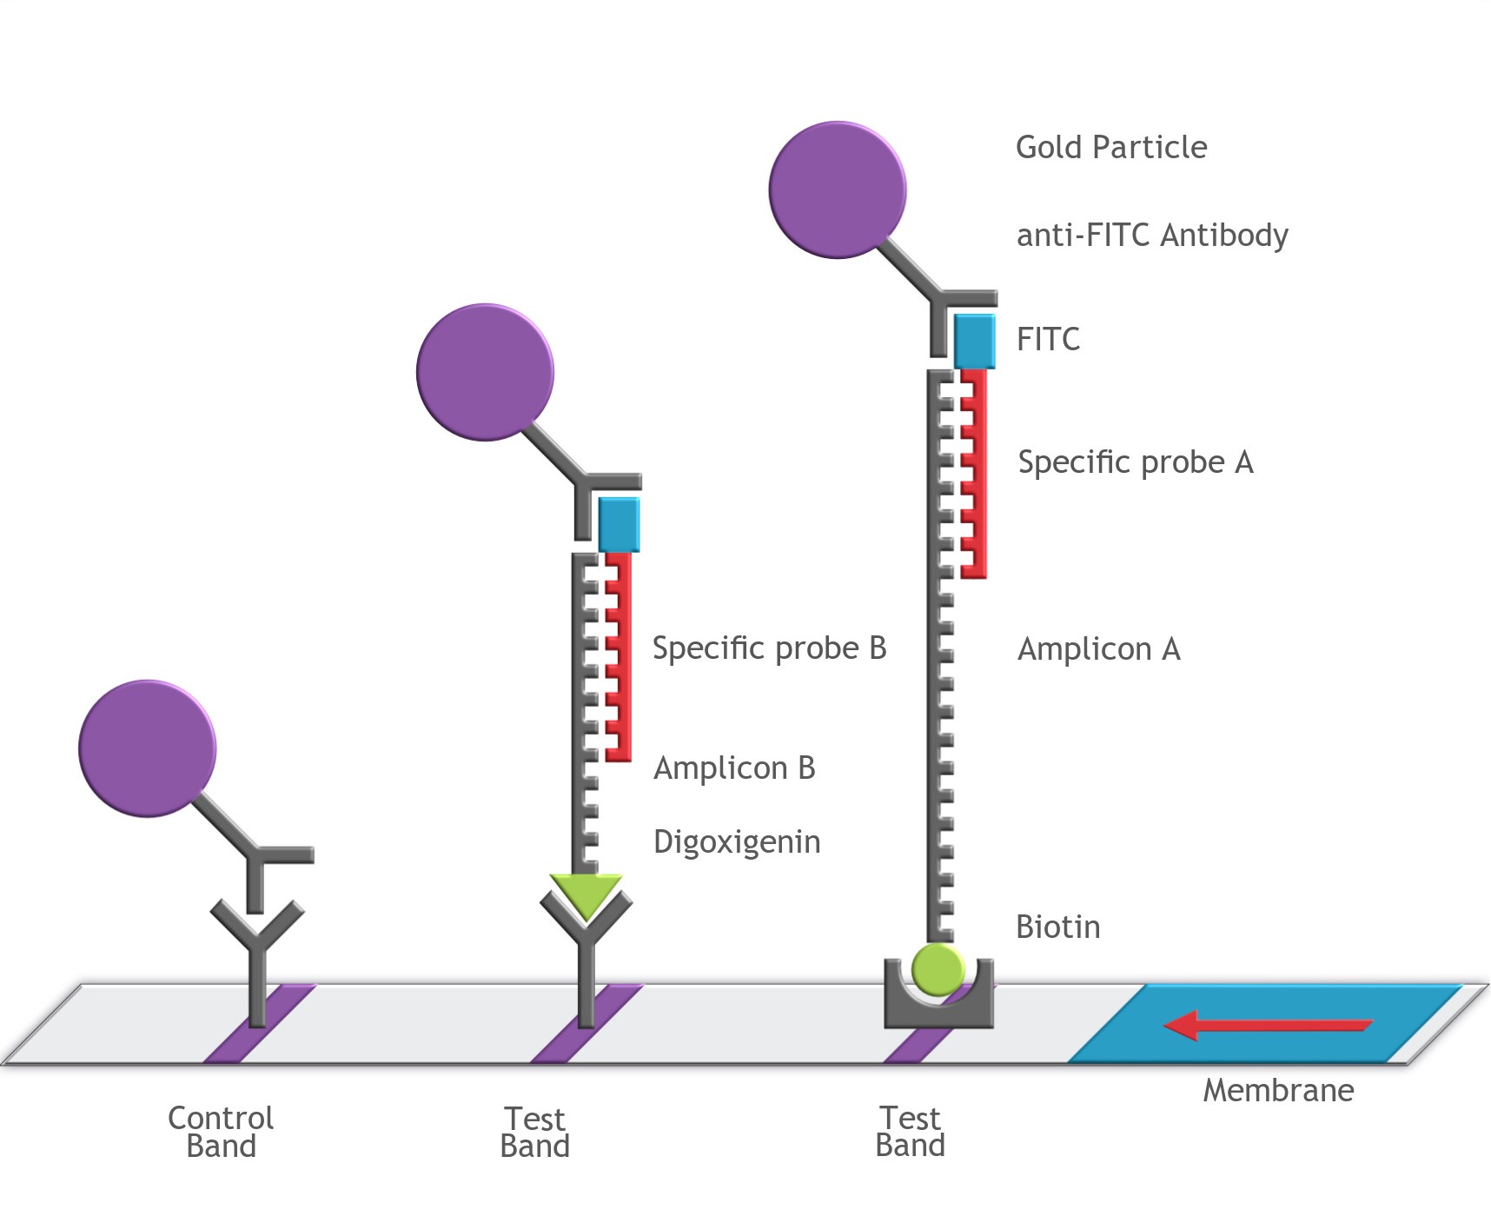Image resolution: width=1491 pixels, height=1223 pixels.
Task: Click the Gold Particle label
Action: [1110, 148]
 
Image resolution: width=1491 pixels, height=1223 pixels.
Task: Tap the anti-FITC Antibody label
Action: [1151, 236]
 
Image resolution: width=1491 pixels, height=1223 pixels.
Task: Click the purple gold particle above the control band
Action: [147, 748]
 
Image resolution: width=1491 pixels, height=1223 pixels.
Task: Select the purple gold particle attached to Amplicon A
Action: [837, 189]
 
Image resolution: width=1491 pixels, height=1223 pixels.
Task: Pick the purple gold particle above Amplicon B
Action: [485, 372]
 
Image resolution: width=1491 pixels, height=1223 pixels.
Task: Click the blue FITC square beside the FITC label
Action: [974, 342]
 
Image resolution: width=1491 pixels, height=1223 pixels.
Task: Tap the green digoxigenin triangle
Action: [586, 894]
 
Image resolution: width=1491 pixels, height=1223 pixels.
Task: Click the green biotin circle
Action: [938, 968]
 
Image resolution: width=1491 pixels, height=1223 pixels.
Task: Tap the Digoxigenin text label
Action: [736, 842]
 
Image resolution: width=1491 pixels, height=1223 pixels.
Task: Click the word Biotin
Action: [1057, 927]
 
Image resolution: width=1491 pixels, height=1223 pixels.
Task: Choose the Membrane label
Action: [1277, 1091]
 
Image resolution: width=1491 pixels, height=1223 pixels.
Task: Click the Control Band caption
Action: [221, 1132]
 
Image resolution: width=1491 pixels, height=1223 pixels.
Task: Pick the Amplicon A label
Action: [1098, 649]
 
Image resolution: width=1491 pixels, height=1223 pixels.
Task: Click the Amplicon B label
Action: [734, 768]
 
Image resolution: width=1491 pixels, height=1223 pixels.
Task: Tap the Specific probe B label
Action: [769, 648]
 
